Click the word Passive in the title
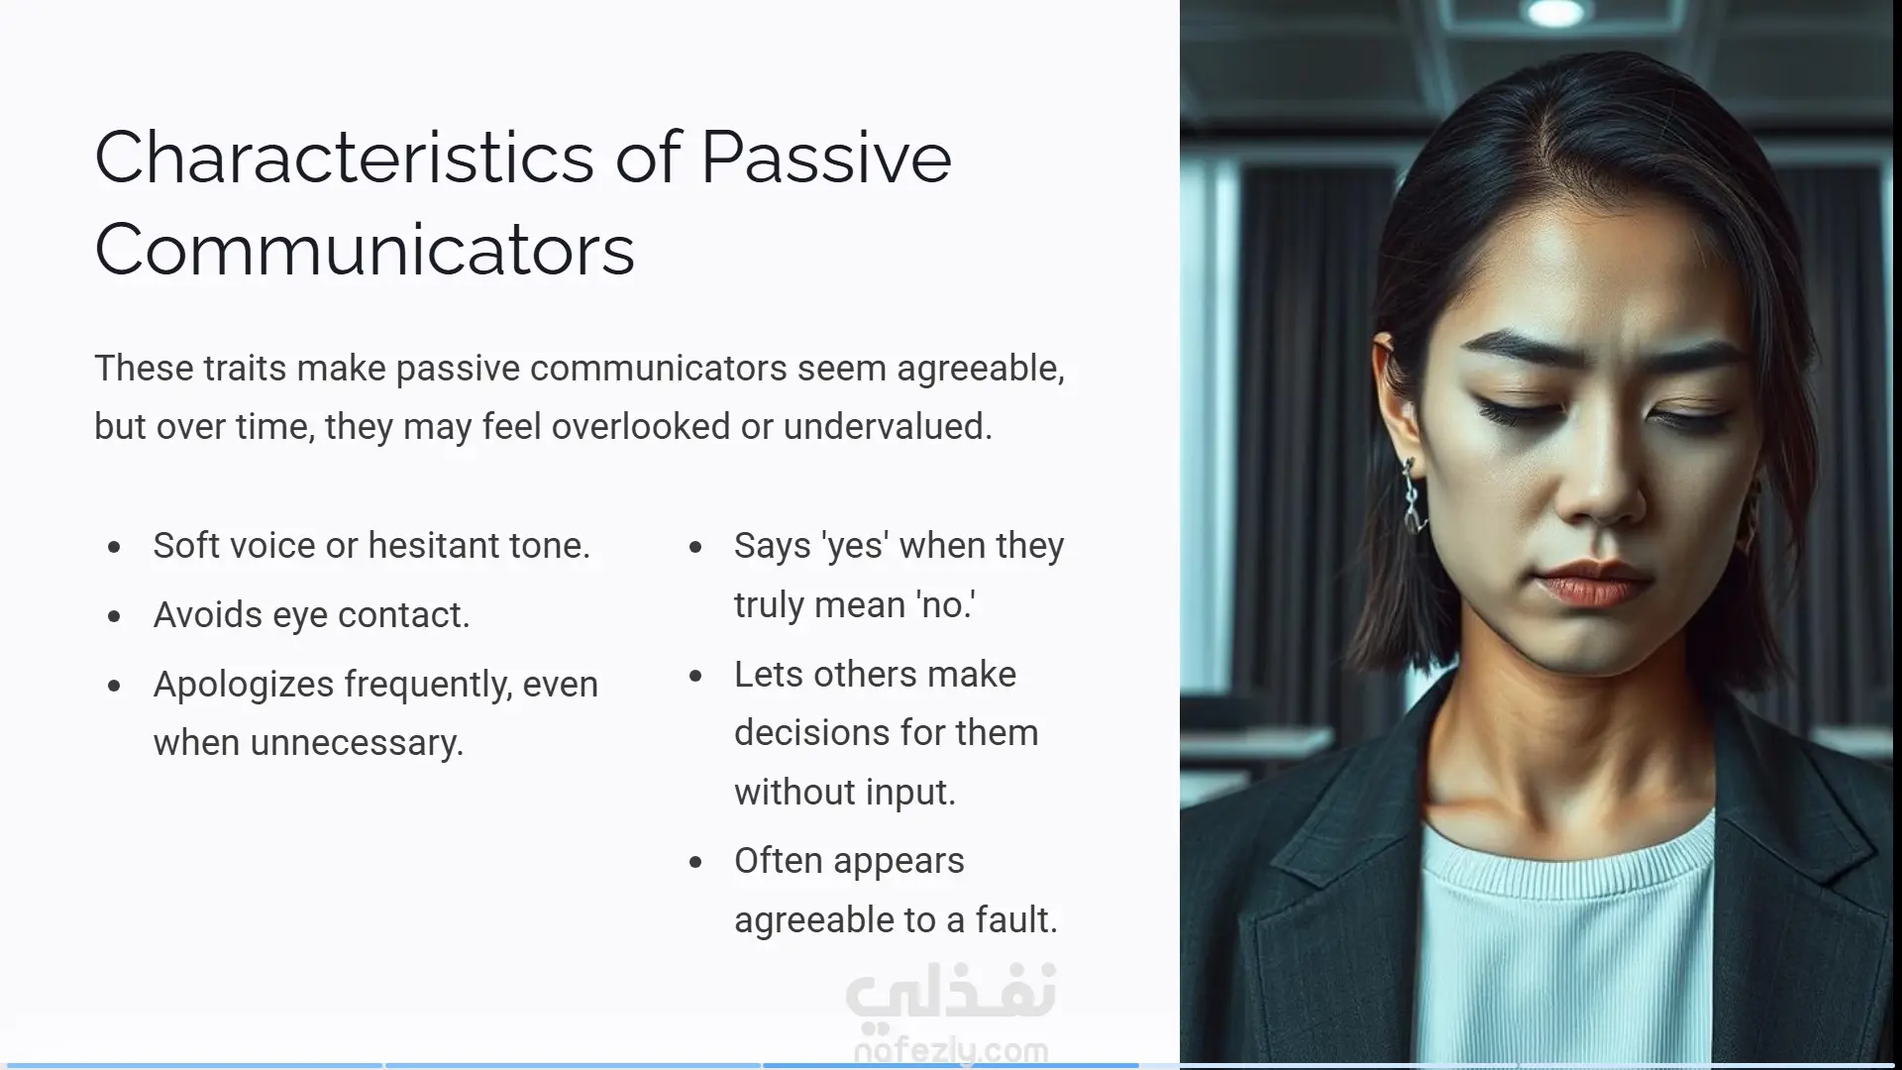(x=826, y=158)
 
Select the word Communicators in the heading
(x=365, y=250)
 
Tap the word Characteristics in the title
(x=344, y=158)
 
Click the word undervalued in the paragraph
(x=888, y=426)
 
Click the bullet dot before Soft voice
(x=115, y=547)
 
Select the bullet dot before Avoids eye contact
(x=115, y=616)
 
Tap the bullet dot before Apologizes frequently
(x=115, y=686)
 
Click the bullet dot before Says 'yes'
(x=695, y=547)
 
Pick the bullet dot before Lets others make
(x=695, y=676)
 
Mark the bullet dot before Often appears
(x=695, y=862)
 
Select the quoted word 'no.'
(x=945, y=604)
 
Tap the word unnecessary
(x=358, y=743)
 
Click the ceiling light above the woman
(x=1556, y=12)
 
